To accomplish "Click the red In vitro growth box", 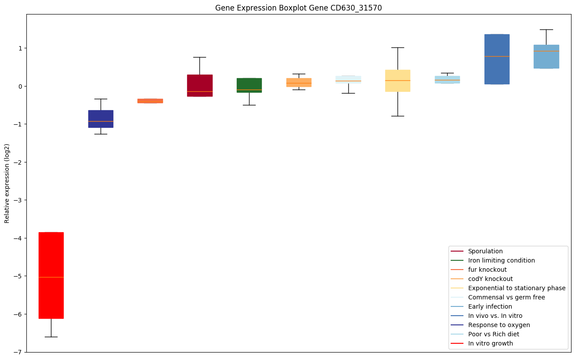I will tap(51, 263).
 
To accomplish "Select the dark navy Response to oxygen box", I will tap(101, 119).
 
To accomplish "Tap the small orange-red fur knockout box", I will tap(150, 101).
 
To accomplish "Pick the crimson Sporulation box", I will tap(199, 85).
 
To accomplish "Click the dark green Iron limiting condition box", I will tap(249, 85).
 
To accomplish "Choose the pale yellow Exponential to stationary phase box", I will tap(398, 80).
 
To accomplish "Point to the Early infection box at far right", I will tap(546, 56).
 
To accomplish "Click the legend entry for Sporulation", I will tap(485, 251).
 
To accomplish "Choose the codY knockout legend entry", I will tap(490, 279).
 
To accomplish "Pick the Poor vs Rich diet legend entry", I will tap(494, 334).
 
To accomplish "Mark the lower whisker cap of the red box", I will tap(51, 337).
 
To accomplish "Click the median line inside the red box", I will tap(51, 277).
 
